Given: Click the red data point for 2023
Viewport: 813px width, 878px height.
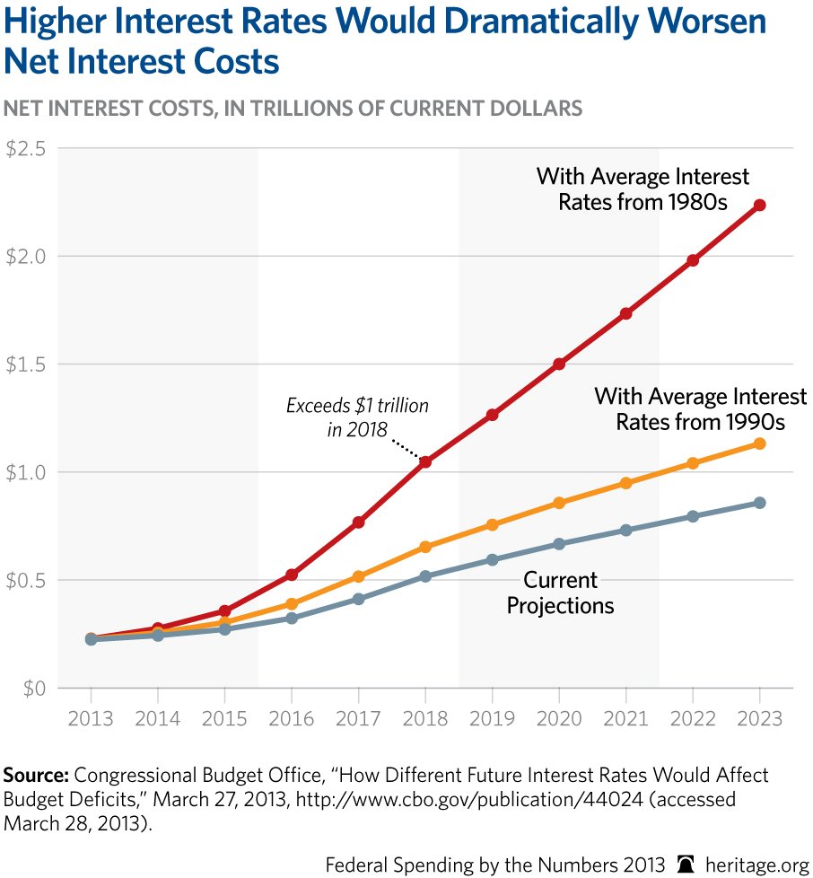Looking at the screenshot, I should [759, 205].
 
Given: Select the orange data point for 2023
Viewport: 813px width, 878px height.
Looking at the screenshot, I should [759, 443].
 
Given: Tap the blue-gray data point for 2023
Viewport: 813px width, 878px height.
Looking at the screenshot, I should [759, 503].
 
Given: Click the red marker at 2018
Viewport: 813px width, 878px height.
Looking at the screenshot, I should [425, 461].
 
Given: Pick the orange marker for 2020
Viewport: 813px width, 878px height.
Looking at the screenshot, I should [559, 503].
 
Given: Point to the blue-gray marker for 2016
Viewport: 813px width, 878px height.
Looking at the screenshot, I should [292, 618].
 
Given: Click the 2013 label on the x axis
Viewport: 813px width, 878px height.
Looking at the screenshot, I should [91, 719].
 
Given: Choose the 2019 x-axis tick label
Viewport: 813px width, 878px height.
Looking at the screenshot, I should [492, 719].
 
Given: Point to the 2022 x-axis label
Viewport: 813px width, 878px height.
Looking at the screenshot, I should [693, 719].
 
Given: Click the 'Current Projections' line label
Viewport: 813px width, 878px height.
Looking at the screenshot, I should [560, 593].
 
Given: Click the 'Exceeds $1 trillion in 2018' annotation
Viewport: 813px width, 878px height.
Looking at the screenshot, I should [357, 417].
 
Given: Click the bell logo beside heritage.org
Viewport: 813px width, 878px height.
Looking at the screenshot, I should [686, 865].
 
